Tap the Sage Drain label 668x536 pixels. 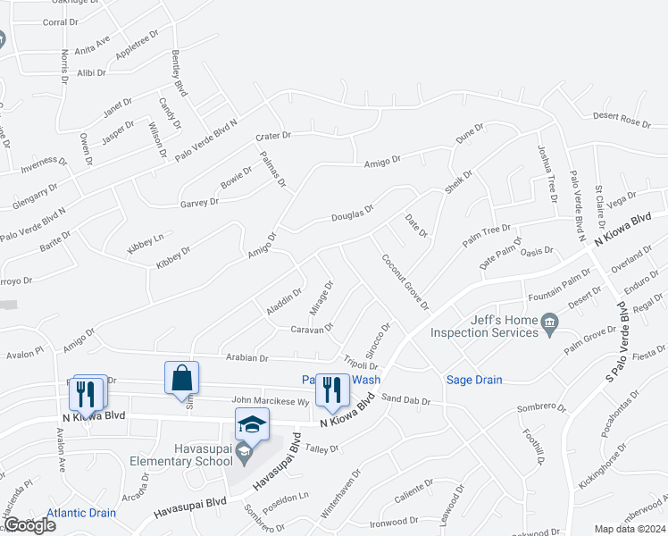click(474, 380)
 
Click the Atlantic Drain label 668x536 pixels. click(81, 513)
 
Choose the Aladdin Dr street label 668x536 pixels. click(285, 302)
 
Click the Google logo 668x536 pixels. click(29, 525)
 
